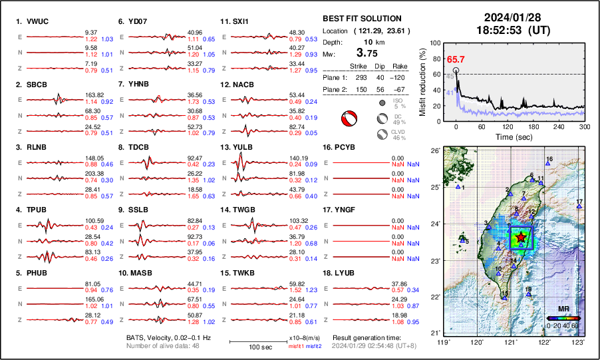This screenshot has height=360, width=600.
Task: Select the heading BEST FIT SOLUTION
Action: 361,19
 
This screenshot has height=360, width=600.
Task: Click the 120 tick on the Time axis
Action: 508,126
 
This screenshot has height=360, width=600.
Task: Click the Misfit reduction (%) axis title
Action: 422,80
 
